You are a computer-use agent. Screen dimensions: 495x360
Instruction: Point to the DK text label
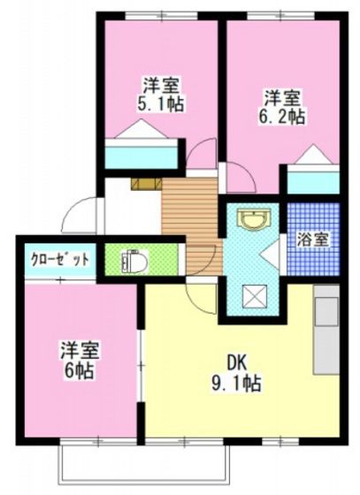tap(236, 362)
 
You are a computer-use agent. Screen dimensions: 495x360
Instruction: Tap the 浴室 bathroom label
tap(312, 239)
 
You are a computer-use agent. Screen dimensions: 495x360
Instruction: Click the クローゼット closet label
tap(59, 260)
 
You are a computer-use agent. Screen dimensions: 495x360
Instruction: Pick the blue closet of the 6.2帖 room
tap(310, 182)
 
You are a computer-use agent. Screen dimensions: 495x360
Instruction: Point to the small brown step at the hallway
tap(144, 184)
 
